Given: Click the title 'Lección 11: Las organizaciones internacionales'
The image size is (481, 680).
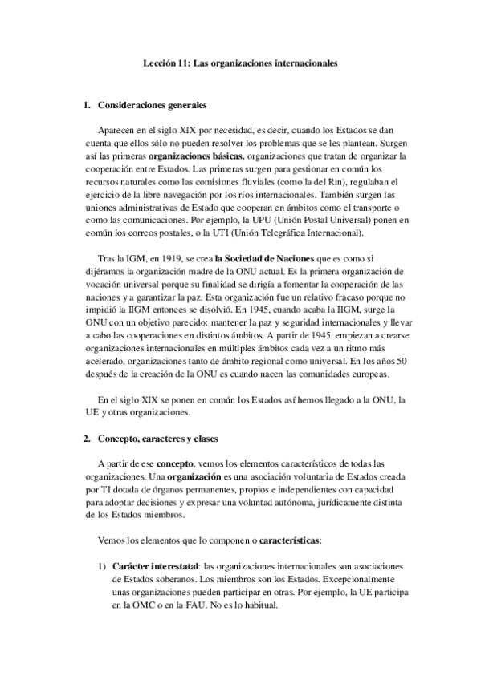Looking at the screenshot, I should pyautogui.click(x=240, y=61).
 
